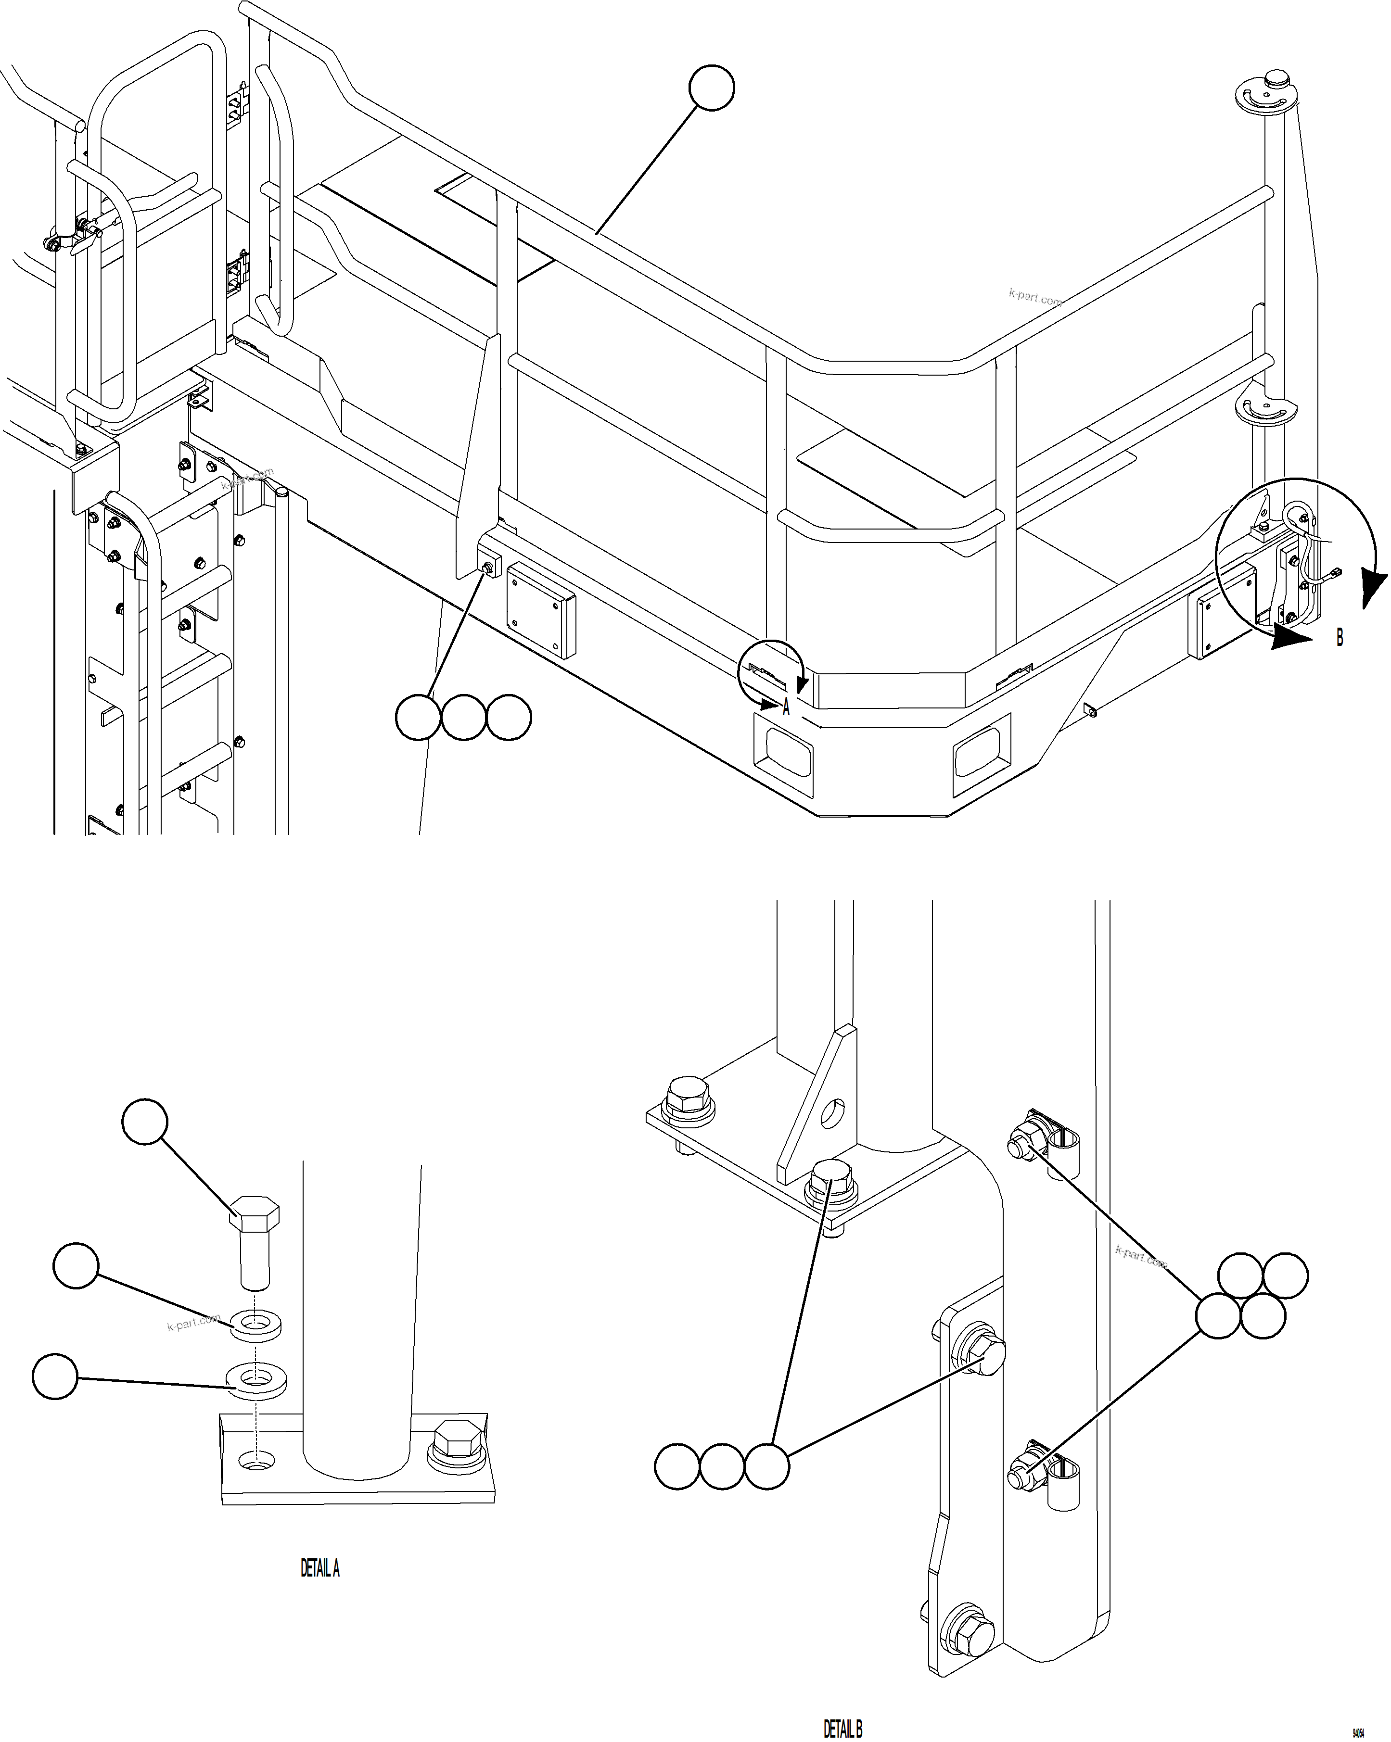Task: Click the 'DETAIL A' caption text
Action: pos(320,1569)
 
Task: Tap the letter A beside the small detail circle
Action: pos(786,708)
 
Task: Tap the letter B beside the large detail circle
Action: pos(1339,637)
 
